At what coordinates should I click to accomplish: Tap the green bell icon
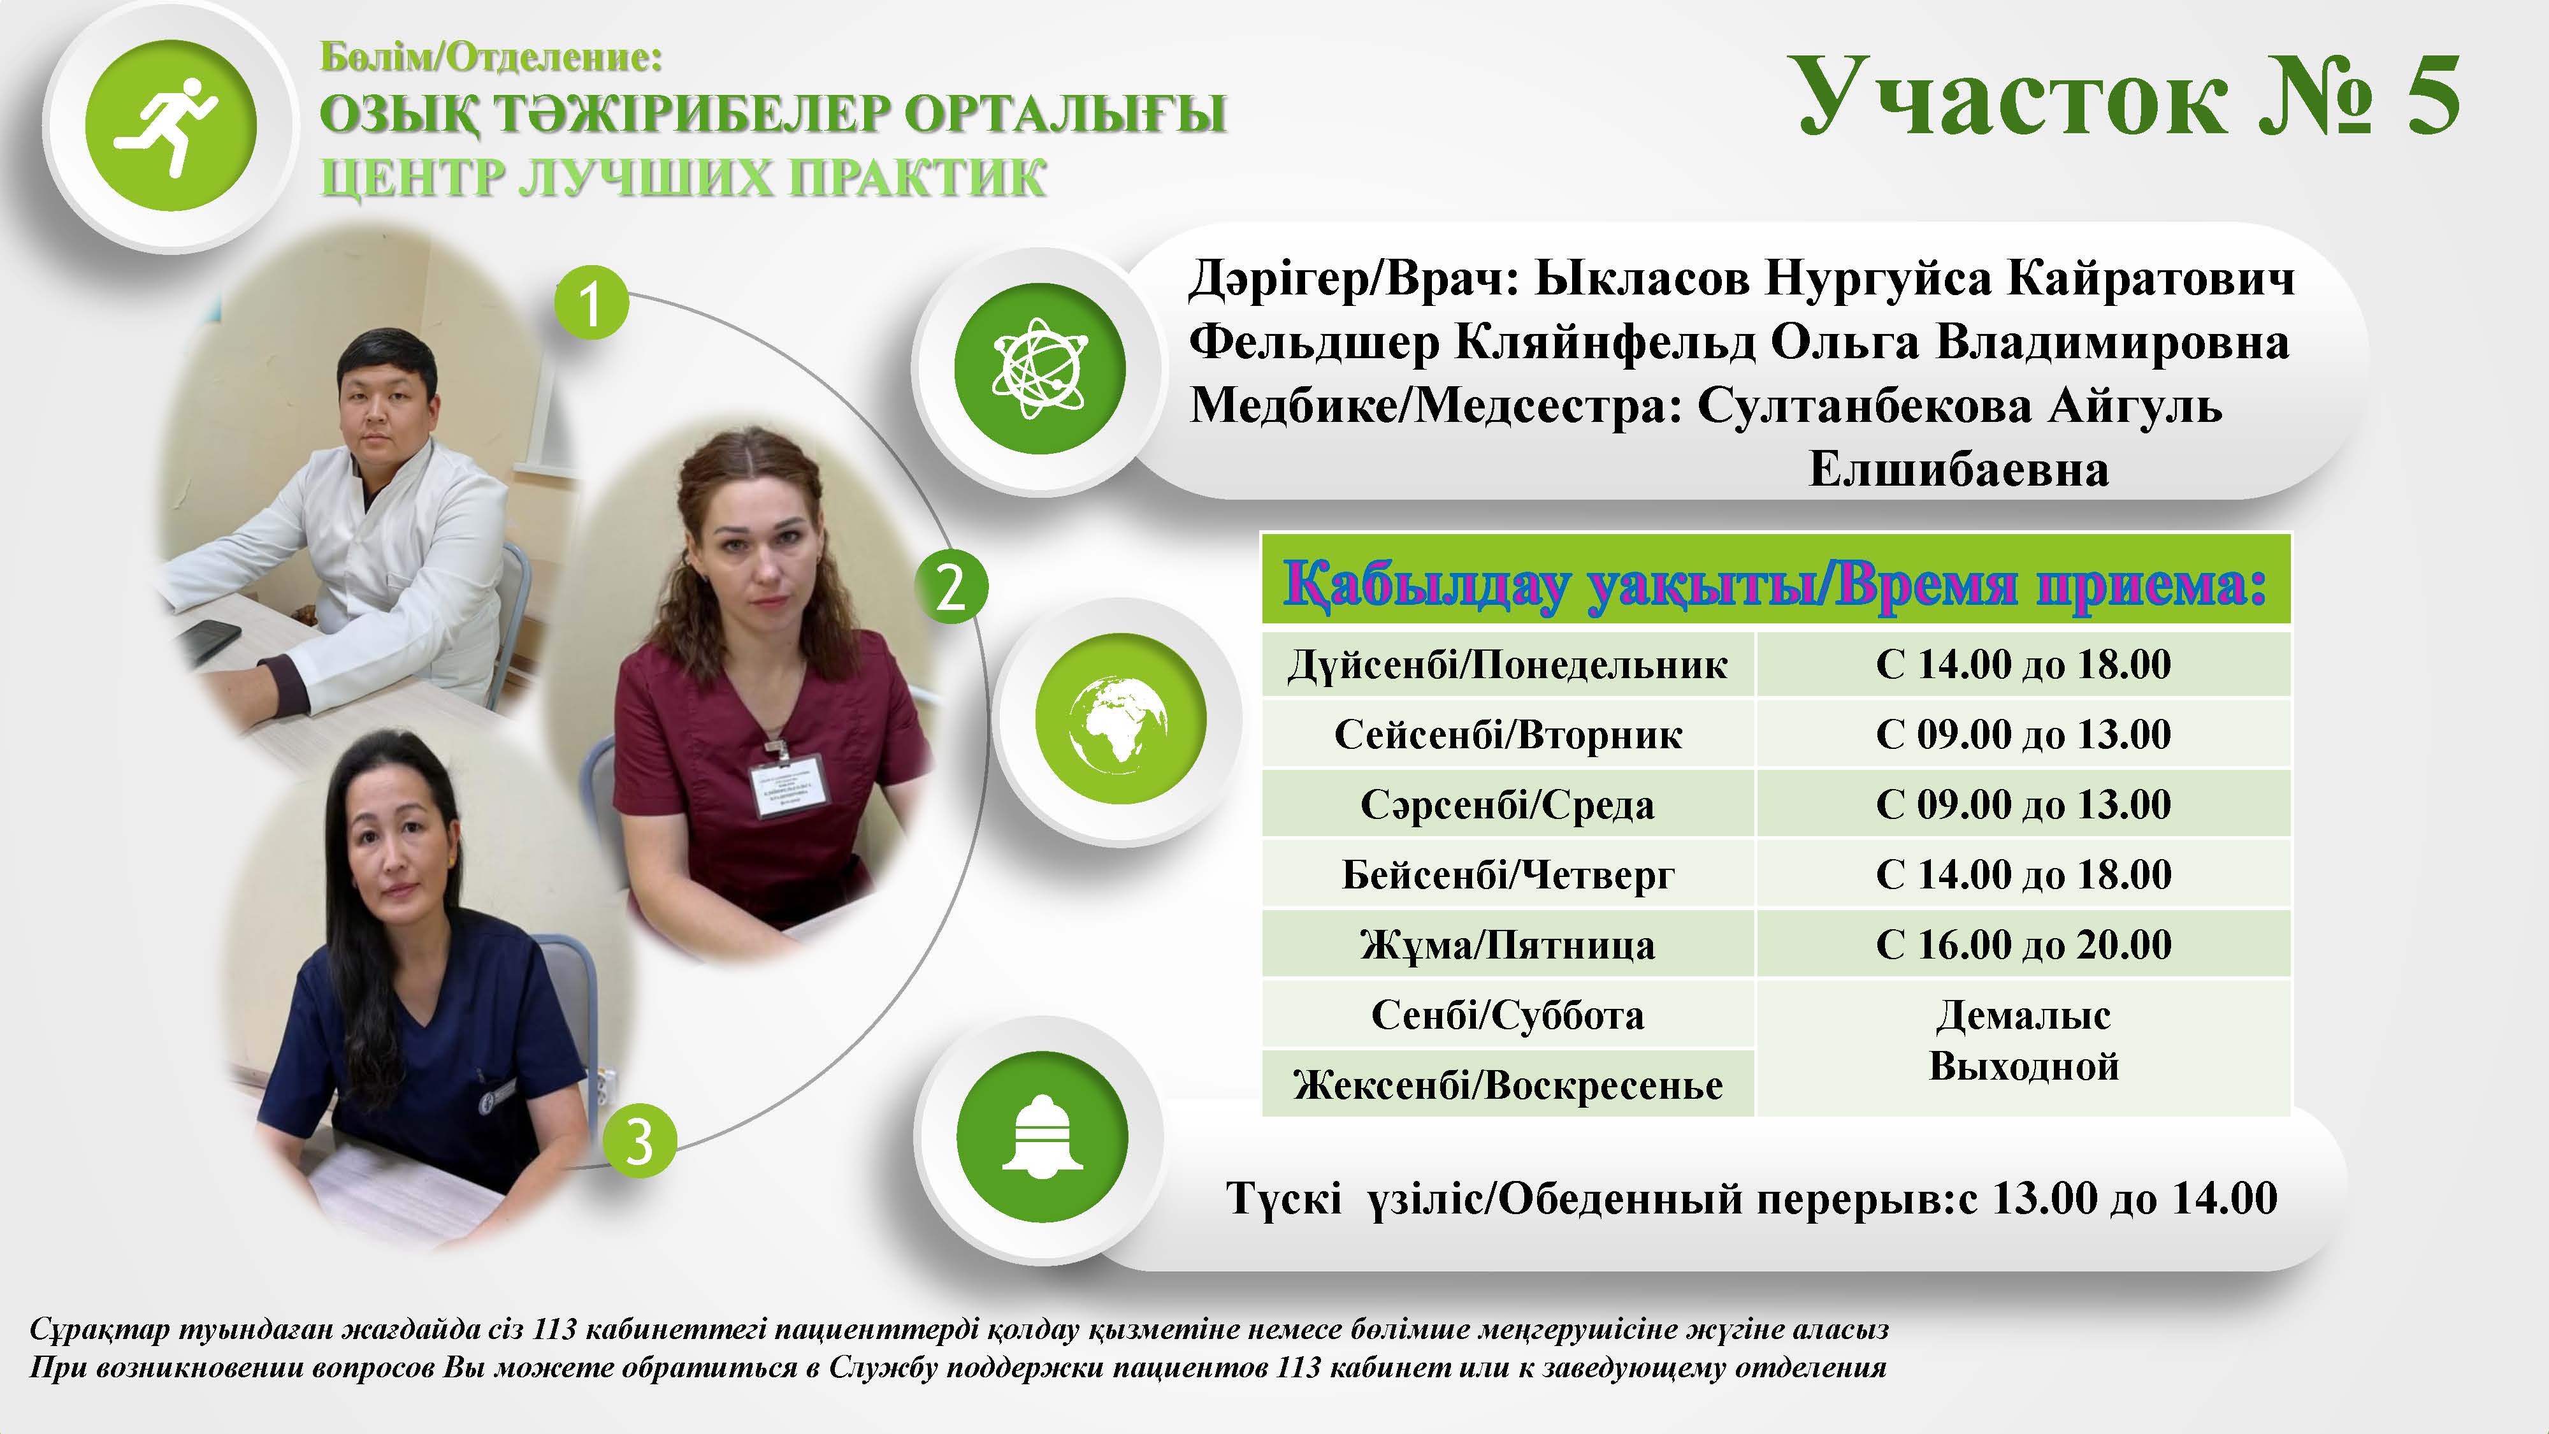click(1042, 1135)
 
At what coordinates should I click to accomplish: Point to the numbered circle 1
click(591, 302)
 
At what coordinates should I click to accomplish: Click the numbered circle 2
click(950, 587)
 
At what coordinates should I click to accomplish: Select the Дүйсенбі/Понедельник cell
click(1507, 664)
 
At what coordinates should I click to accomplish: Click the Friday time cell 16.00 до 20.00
click(2023, 944)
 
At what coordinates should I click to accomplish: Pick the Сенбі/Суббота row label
click(1507, 1015)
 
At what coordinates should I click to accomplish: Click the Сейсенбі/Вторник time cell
click(2023, 734)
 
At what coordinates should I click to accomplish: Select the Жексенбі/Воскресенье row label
click(1507, 1085)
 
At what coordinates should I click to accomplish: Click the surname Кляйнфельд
click(1604, 344)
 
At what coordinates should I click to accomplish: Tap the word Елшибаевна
click(1958, 469)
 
